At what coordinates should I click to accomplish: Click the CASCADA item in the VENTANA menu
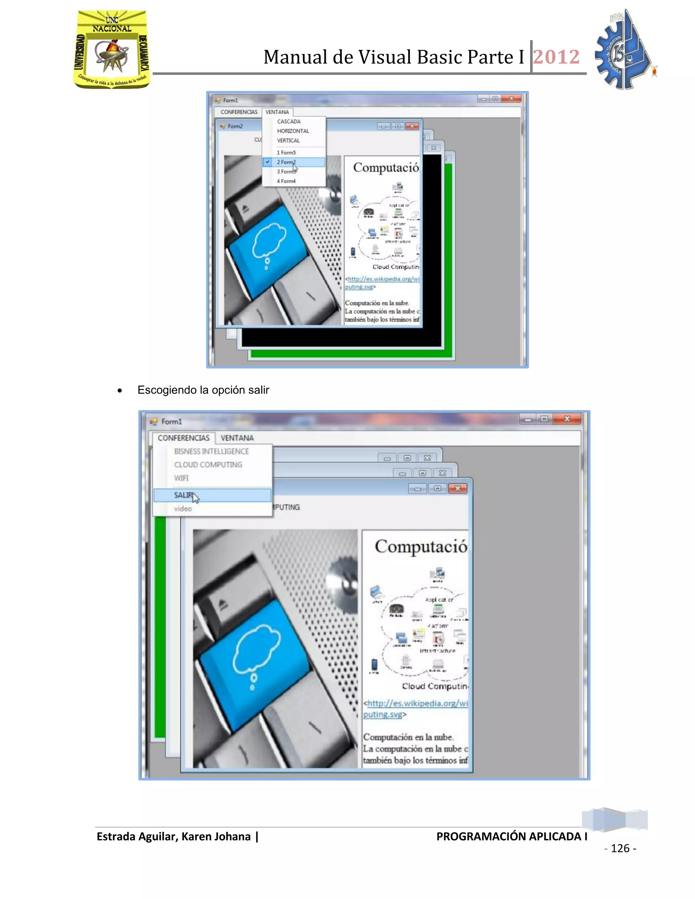(x=289, y=121)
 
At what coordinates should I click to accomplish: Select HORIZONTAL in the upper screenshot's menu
(x=293, y=131)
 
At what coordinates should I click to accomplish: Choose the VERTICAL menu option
(x=288, y=140)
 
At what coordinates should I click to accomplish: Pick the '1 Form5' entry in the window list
(x=286, y=153)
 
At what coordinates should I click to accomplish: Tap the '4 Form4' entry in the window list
(x=286, y=181)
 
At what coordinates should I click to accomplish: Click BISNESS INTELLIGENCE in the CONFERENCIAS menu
(x=211, y=452)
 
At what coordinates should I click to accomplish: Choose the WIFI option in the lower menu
(x=181, y=478)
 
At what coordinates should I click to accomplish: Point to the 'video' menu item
(x=183, y=509)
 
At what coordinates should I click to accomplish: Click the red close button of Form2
(x=412, y=127)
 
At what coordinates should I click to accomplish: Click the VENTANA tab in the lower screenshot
(x=237, y=438)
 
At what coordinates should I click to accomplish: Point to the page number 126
(x=620, y=848)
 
